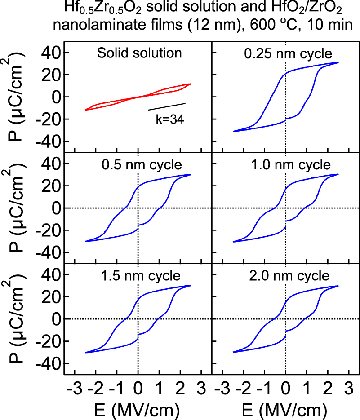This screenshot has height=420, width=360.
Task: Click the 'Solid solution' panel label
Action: tap(139, 53)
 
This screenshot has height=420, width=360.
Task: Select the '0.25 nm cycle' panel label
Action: tap(288, 55)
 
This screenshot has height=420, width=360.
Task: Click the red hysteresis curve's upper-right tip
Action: tap(191, 84)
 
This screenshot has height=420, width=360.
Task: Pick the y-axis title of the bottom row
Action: tap(18, 319)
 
